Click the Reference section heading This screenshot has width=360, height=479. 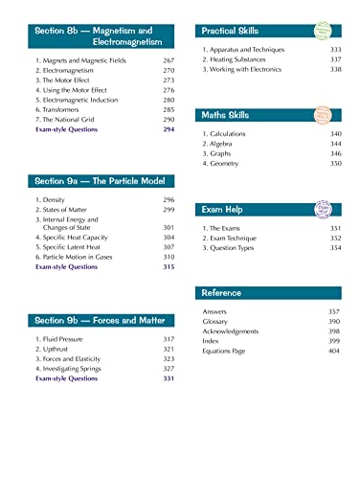[x=222, y=292]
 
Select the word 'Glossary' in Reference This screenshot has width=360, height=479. [x=220, y=323]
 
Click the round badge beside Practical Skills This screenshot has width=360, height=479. [x=338, y=31]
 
